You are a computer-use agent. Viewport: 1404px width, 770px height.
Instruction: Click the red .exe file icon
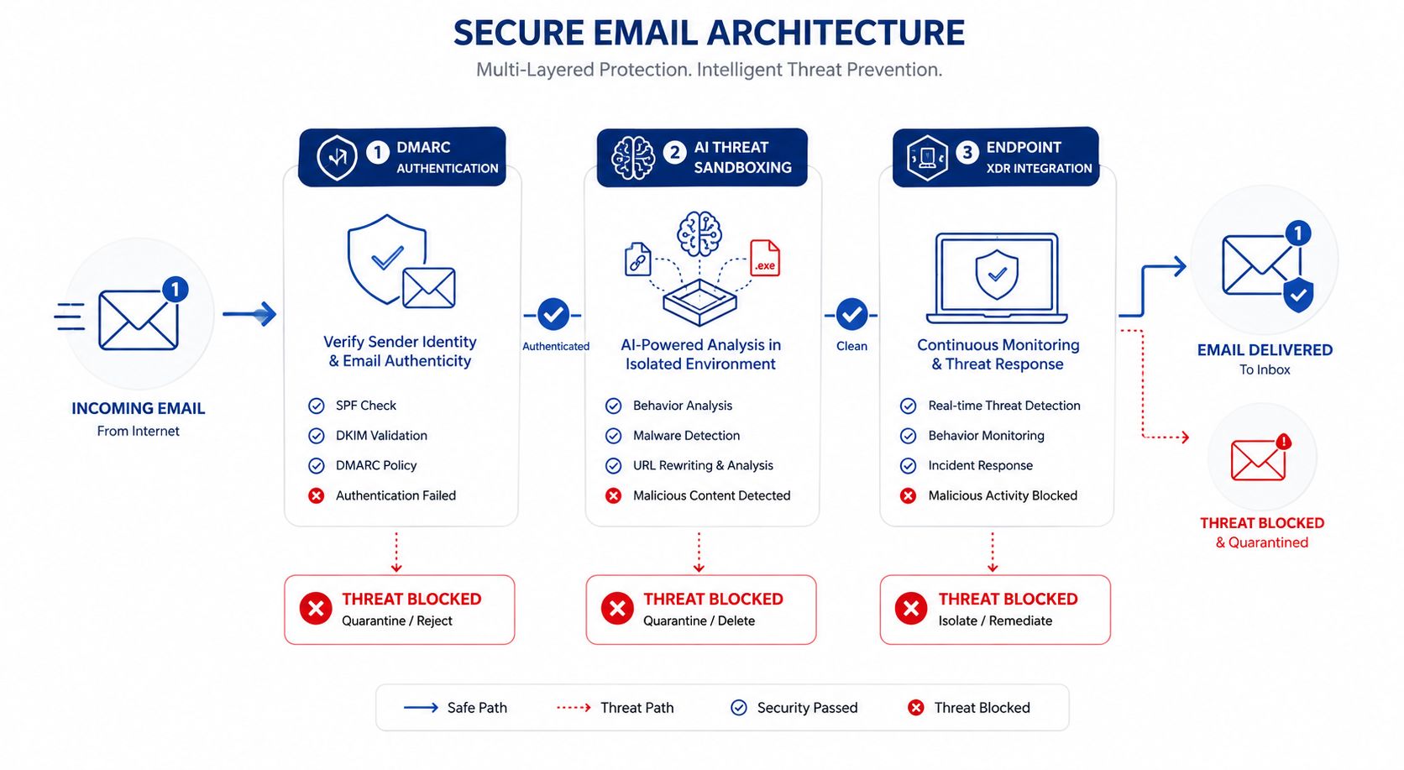(765, 258)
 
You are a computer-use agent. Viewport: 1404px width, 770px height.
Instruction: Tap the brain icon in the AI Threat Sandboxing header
(633, 157)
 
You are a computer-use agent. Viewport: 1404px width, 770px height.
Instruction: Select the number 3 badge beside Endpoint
(967, 152)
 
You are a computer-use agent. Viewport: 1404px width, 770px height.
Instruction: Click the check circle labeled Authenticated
(553, 315)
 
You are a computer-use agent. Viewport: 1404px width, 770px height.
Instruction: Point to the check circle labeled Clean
(851, 315)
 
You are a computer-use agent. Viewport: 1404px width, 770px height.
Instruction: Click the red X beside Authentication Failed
(317, 495)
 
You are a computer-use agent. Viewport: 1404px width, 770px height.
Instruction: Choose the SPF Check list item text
(366, 406)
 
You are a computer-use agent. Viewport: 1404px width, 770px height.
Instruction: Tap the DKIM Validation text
(381, 436)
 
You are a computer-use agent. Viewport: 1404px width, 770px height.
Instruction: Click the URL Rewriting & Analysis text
(703, 465)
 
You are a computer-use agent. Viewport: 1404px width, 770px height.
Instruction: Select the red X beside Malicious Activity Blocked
(908, 495)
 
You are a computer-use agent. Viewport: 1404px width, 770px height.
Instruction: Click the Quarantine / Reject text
(396, 621)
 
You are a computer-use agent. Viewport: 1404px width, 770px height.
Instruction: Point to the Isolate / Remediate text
(995, 621)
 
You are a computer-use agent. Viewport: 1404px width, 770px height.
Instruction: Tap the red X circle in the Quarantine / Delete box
(617, 608)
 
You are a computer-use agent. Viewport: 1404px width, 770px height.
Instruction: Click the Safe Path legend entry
(456, 707)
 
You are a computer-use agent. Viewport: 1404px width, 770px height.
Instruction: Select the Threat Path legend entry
(616, 707)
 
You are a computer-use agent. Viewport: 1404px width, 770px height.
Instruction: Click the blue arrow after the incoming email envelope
(249, 313)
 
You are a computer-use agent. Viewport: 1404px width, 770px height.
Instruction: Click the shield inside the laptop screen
(997, 275)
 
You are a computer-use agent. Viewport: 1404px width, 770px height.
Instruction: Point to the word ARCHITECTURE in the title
(779, 33)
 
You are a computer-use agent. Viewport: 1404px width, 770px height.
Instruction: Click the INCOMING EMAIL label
(138, 408)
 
